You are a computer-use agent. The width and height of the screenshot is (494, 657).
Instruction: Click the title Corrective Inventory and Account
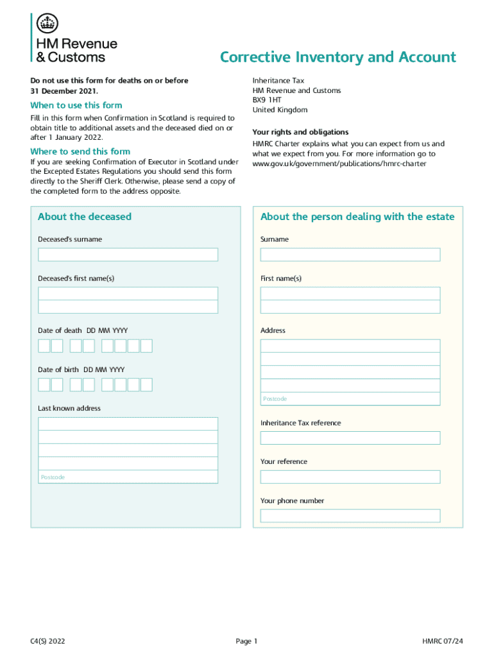(337, 58)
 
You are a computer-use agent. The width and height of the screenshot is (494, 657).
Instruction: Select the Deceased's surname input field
(128, 255)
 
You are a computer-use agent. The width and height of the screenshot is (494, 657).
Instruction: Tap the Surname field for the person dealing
(350, 255)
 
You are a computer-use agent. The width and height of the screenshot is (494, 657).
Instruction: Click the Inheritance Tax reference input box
(350, 438)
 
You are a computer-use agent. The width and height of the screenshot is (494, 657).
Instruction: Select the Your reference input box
(350, 477)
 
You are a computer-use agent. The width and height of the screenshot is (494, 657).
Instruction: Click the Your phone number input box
(350, 516)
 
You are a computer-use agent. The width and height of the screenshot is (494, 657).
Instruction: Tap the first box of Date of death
(44, 346)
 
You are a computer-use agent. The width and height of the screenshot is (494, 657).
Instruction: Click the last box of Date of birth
(146, 384)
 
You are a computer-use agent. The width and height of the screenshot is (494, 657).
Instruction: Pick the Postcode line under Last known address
(128, 477)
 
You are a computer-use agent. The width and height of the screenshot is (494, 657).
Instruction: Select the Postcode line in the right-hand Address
(350, 398)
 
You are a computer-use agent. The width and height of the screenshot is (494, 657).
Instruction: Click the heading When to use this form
(76, 105)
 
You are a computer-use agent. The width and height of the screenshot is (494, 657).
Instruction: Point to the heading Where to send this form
(80, 151)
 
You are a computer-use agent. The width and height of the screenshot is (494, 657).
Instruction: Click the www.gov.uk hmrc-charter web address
(339, 164)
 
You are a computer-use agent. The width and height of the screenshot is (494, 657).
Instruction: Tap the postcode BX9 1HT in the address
(267, 100)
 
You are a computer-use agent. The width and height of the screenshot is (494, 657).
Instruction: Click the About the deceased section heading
(85, 217)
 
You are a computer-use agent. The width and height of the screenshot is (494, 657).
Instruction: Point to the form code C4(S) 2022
(47, 641)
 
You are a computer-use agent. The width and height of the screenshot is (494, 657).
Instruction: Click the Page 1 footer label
(246, 641)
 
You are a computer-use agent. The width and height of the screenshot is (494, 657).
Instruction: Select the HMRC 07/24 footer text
(443, 641)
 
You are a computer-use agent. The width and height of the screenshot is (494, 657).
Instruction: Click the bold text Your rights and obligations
(300, 132)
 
